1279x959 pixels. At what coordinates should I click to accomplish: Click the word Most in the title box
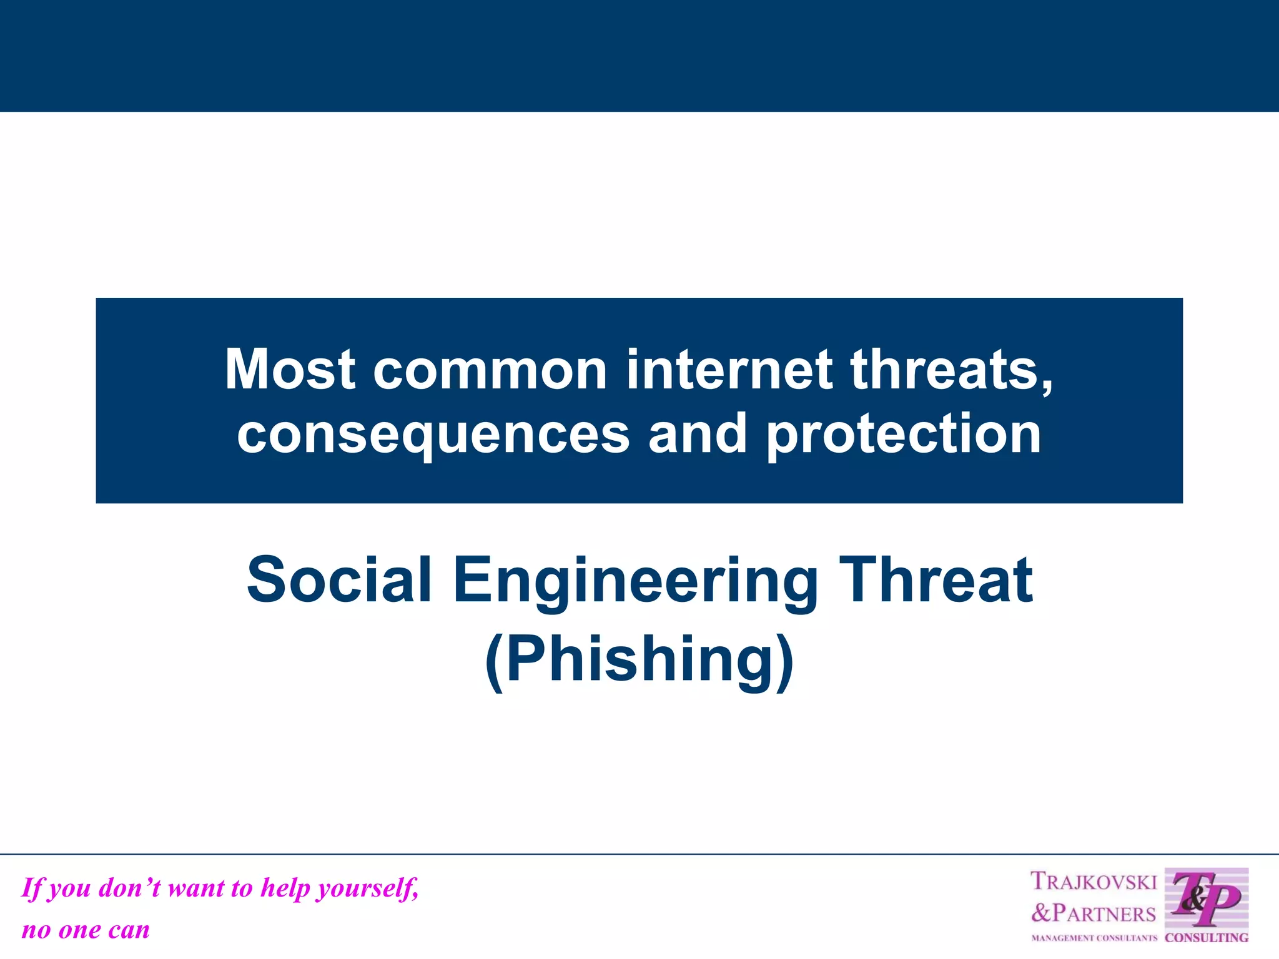click(x=290, y=370)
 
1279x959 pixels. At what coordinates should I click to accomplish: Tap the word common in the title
click(x=490, y=370)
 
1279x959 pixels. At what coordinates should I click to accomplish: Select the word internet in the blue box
click(x=729, y=370)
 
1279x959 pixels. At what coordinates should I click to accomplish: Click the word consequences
click(x=433, y=435)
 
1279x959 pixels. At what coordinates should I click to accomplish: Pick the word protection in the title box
click(x=903, y=435)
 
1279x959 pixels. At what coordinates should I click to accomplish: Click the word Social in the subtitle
click(x=339, y=580)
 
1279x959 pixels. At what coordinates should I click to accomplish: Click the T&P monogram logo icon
click(x=1206, y=899)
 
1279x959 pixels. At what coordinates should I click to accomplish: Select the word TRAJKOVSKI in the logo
click(x=1094, y=882)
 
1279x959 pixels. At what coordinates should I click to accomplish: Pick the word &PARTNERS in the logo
click(x=1094, y=913)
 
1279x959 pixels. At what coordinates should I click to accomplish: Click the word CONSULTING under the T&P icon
click(x=1207, y=938)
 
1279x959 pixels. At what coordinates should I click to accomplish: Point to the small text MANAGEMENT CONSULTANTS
click(x=1094, y=938)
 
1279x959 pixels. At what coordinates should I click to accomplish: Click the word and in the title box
click(x=697, y=435)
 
